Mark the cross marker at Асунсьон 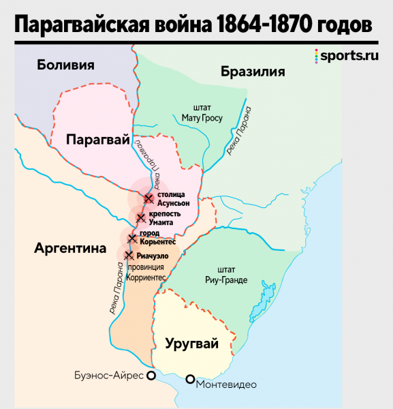[148, 198]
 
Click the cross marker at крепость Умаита [141, 218]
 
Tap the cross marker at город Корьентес [133, 239]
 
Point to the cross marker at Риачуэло [129, 255]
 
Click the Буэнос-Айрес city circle [152, 375]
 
